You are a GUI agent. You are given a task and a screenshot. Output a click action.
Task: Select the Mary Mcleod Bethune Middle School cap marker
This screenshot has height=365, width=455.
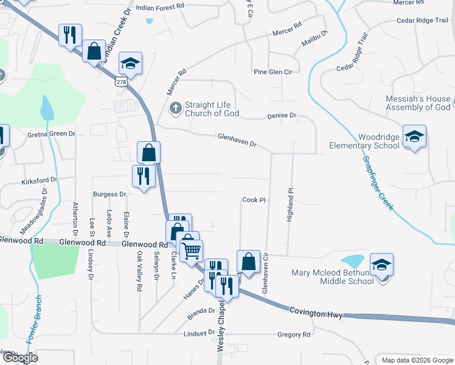381,265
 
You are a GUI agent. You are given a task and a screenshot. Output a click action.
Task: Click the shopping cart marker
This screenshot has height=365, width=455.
192,250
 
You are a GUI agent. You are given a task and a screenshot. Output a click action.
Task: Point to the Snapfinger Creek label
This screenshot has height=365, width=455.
378,182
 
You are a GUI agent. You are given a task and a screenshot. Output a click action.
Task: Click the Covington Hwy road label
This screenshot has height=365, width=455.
316,312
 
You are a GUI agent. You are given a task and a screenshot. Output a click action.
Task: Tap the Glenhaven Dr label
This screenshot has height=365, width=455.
237,141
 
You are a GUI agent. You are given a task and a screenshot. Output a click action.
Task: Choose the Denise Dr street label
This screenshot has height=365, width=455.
281,115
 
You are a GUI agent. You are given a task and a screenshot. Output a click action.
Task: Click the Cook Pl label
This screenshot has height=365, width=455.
254,200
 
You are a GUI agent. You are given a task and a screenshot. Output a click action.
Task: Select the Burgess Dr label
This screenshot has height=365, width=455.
109,194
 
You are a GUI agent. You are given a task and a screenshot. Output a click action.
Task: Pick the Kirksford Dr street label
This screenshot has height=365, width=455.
39,180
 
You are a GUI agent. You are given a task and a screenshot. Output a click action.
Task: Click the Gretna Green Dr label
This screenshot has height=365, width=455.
51,134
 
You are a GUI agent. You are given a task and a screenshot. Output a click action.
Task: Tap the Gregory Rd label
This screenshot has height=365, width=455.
294,335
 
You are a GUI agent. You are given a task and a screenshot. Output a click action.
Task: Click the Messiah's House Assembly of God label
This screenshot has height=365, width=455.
418,103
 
